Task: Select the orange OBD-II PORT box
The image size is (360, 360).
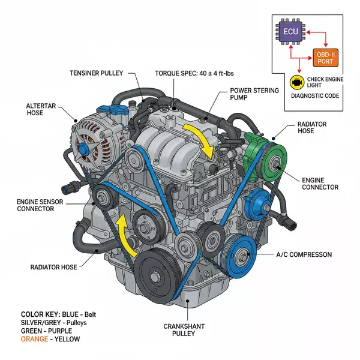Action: point(325,58)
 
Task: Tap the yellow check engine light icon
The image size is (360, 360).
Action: point(296,81)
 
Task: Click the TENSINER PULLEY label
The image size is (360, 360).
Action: point(96,73)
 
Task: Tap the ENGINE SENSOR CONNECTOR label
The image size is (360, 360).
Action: point(35,204)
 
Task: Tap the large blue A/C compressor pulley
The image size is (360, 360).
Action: point(242,257)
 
